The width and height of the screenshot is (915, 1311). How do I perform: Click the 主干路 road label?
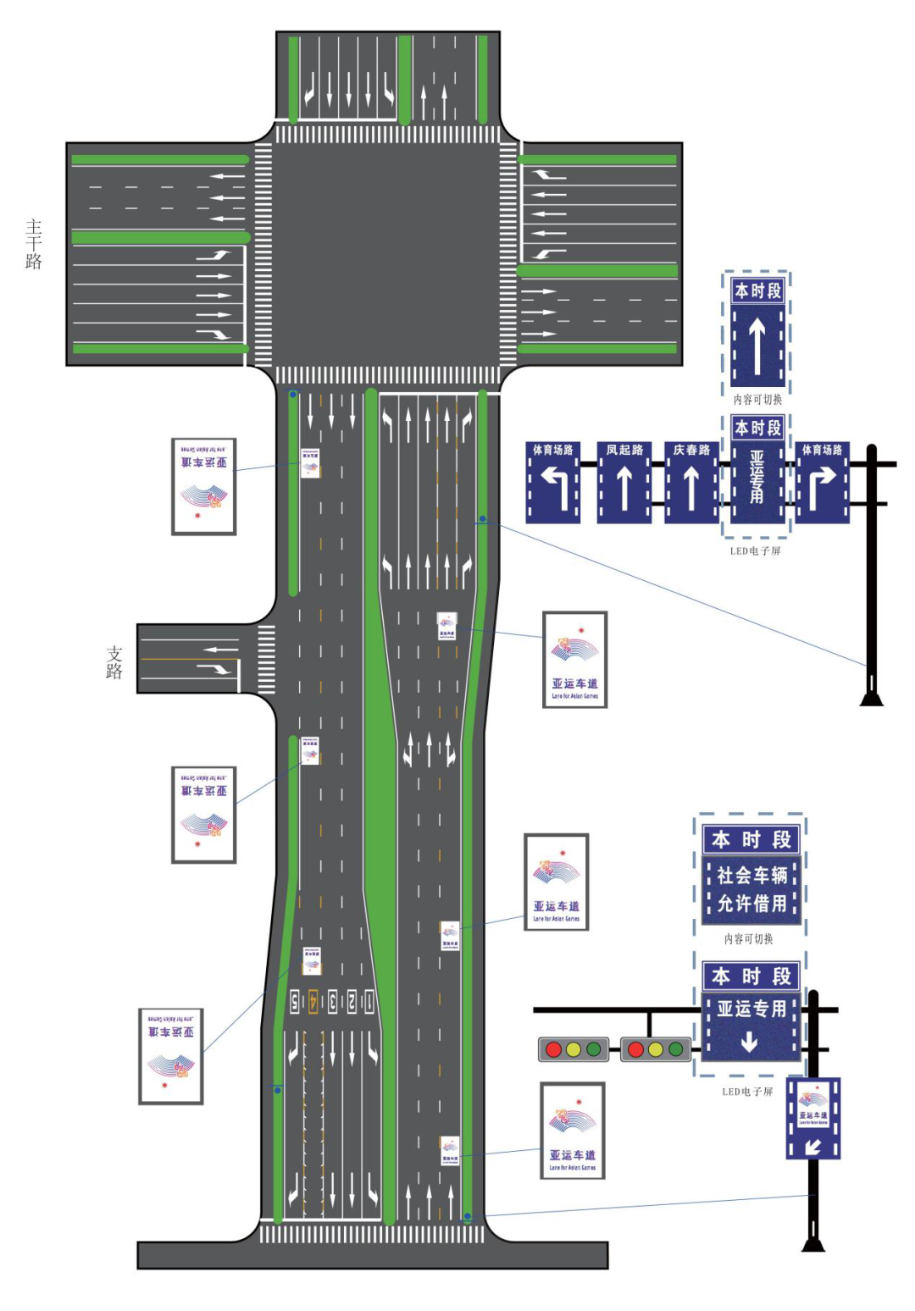tap(34, 244)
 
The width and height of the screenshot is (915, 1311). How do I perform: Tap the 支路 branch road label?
tap(114, 662)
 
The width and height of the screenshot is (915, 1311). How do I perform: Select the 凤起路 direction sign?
tap(624, 482)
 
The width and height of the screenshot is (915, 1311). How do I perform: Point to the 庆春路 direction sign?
tap(691, 482)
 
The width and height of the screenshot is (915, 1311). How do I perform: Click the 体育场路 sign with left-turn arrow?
tap(552, 482)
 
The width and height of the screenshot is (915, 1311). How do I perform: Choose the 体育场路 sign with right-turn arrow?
tap(822, 482)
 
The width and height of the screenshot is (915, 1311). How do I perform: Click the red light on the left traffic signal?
tap(553, 1049)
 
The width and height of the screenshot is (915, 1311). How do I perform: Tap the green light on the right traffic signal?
tap(676, 1049)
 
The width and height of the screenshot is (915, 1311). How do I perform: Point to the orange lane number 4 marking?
tap(313, 1001)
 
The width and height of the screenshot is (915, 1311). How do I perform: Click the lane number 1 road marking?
tap(369, 1001)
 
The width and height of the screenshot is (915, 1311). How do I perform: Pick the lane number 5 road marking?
tap(295, 1001)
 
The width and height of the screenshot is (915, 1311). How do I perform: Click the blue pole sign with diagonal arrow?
tap(813, 1118)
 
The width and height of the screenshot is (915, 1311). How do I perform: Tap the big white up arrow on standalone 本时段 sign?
tap(757, 343)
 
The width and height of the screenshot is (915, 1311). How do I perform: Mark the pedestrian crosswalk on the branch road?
tap(266, 660)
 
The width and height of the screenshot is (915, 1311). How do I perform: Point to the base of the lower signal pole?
tap(813, 1242)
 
